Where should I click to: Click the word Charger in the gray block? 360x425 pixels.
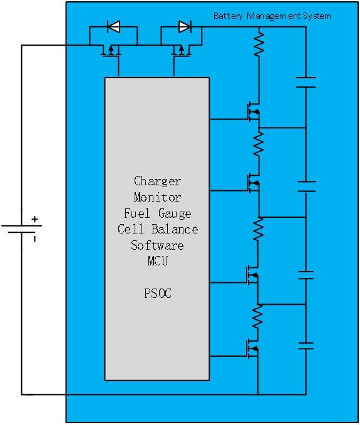pos(157,182)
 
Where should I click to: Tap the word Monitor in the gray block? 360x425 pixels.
pos(157,197)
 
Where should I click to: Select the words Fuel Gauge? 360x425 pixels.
pos(158,213)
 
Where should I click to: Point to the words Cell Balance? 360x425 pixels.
pos(158,229)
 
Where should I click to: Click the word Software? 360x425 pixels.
pos(157,245)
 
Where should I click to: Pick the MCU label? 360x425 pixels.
pos(158,261)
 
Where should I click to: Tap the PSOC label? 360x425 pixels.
pos(158,294)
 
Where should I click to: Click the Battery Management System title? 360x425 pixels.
pos(272,16)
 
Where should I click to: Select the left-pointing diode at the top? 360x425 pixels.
pos(113,26)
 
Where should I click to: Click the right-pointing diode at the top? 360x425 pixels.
pos(185,26)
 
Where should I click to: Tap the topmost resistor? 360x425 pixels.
pos(259,44)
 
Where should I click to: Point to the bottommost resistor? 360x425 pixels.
pos(257,316)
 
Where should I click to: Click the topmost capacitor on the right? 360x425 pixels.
pos(306,83)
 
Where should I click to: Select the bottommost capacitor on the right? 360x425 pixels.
pos(306,346)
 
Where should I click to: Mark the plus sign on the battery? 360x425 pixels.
pos(34,219)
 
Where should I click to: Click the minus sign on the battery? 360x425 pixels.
pos(34,239)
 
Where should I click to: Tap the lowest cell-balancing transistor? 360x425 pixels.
pos(253,349)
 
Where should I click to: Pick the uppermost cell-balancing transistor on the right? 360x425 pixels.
pos(254,112)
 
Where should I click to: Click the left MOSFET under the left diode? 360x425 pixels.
pos(111,51)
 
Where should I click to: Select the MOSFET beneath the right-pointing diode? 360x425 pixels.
pos(182,51)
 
